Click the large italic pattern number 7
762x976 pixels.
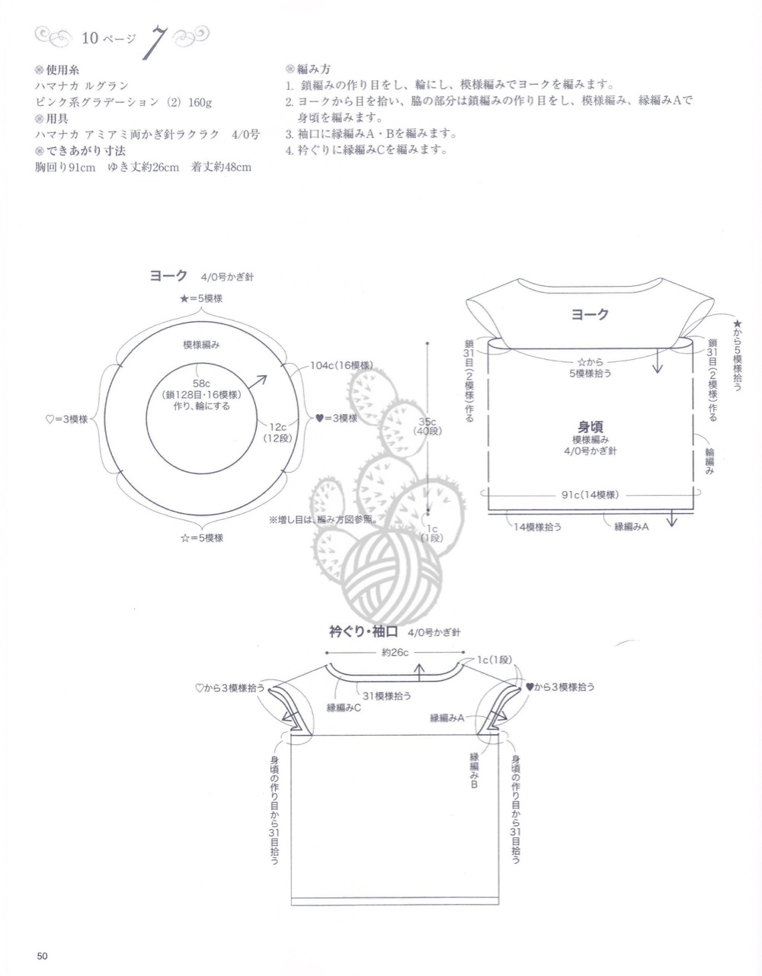coord(155,43)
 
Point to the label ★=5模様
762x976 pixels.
coord(201,299)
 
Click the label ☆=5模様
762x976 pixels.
coord(201,538)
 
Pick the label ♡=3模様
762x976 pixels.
coord(67,419)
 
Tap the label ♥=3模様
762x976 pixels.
coord(337,418)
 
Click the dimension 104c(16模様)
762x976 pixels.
coord(341,365)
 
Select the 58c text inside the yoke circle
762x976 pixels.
coord(201,384)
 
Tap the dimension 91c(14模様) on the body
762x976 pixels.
coord(590,495)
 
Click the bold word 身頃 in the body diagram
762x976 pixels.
coord(590,427)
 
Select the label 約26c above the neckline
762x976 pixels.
coord(395,652)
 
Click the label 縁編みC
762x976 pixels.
coord(344,708)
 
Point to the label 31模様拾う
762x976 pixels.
coord(387,696)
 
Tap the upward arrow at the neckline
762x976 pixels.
coord(419,673)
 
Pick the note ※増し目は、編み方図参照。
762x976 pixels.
coord(322,520)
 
